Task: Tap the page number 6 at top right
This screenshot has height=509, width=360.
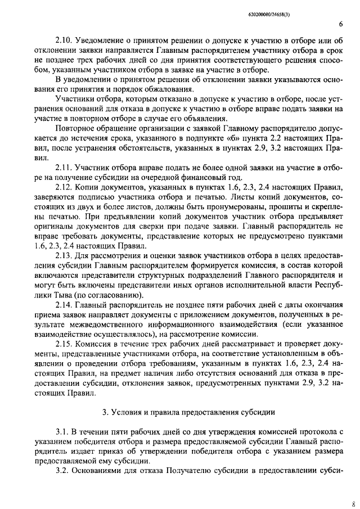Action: tap(341, 25)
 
